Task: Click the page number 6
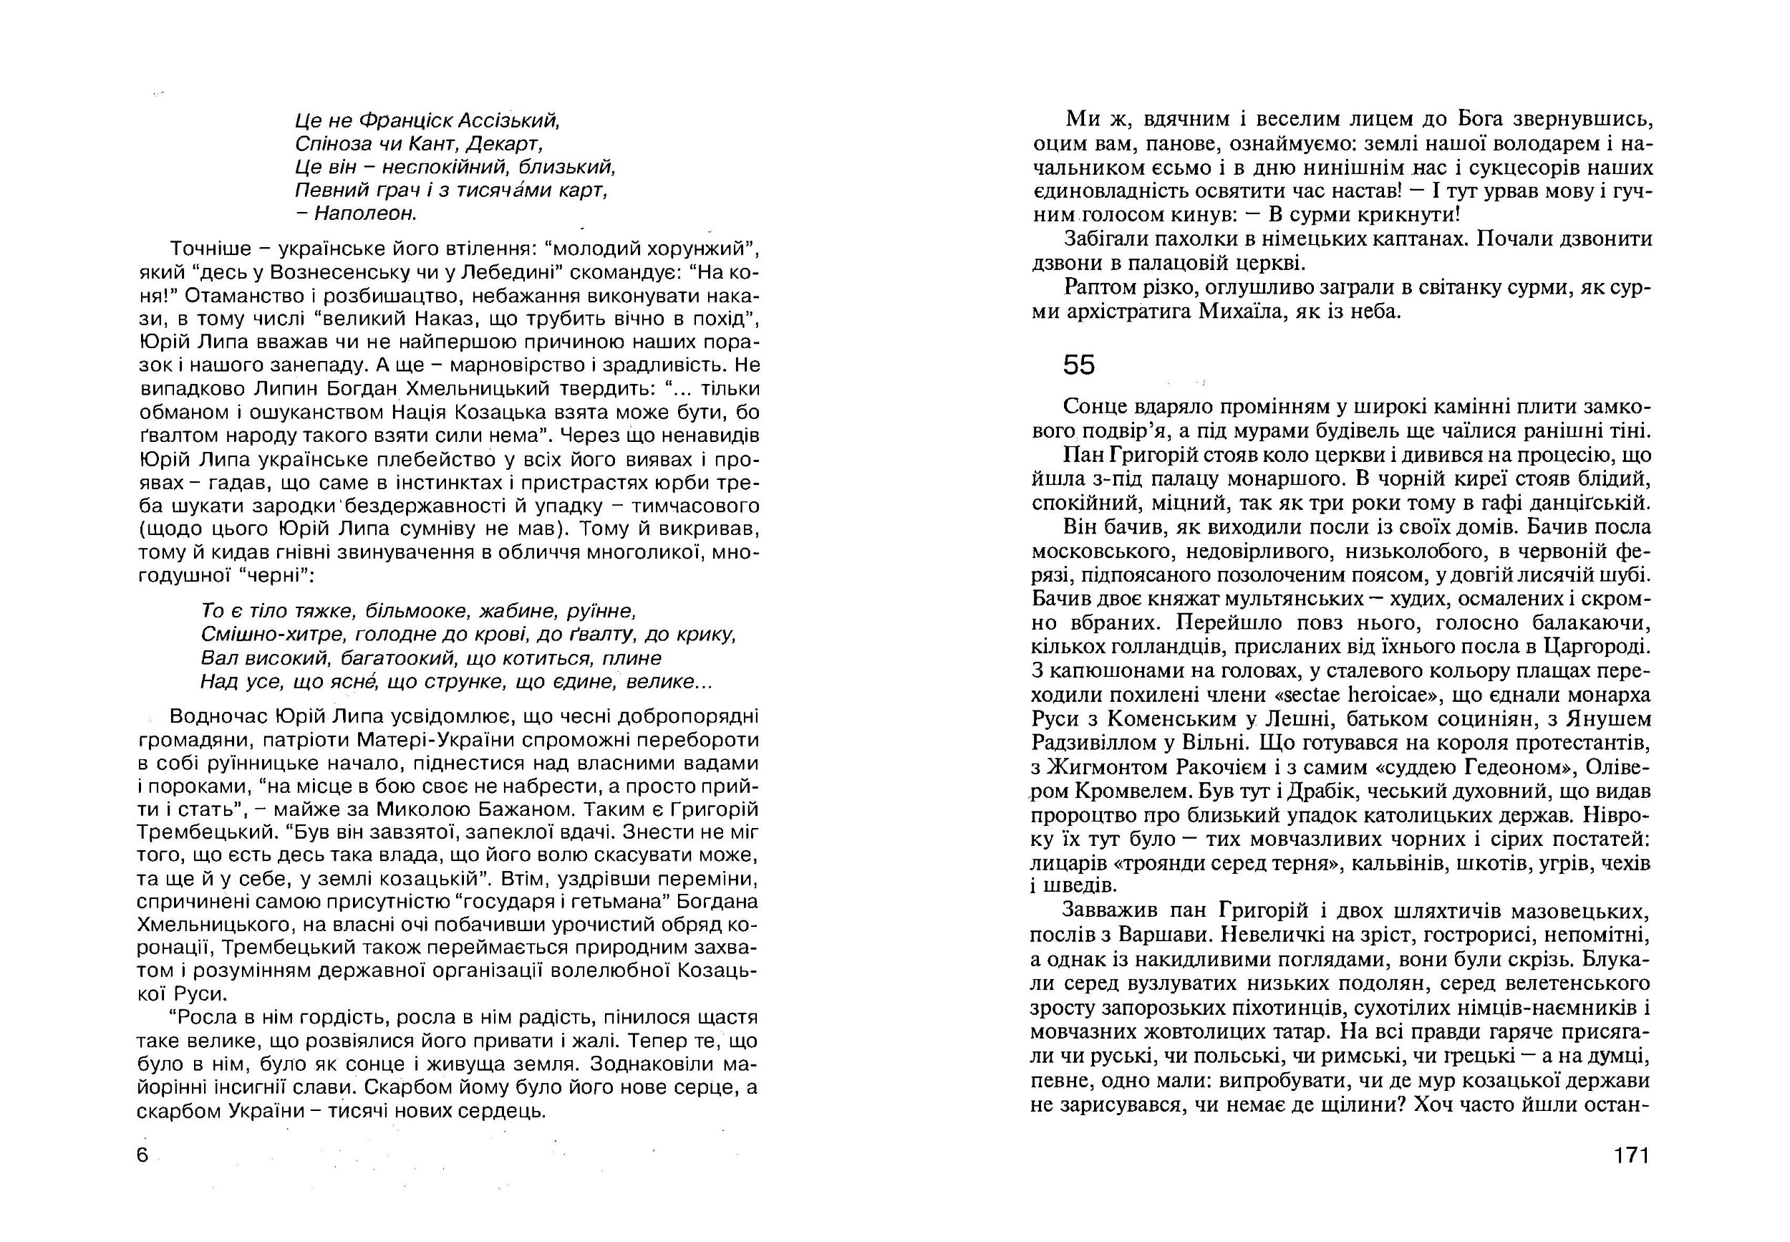click(142, 1155)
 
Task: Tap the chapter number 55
click(1079, 365)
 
